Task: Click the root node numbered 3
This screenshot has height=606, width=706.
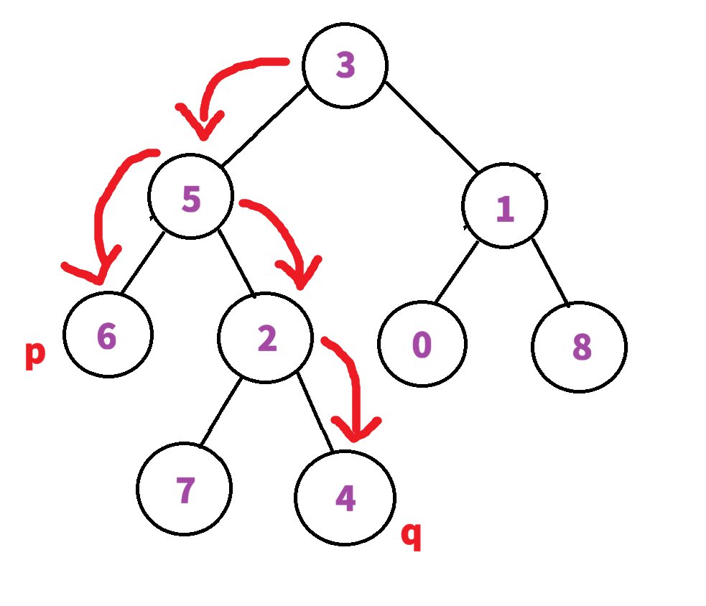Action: coord(345,65)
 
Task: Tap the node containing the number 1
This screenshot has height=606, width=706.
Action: coord(504,206)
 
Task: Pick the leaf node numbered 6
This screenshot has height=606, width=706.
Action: coord(108,335)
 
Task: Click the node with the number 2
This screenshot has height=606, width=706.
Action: coord(266,338)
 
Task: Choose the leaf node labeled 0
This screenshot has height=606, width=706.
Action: coord(422,345)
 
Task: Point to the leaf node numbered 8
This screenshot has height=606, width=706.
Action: coord(580,348)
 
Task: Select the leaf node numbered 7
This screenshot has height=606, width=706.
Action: coord(185,490)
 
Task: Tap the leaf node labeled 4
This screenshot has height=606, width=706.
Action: coord(345,498)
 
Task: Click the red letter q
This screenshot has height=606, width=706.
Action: coord(411,536)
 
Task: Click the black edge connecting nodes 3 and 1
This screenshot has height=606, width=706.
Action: coord(431,126)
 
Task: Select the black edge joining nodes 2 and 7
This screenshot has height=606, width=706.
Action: coord(223,412)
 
